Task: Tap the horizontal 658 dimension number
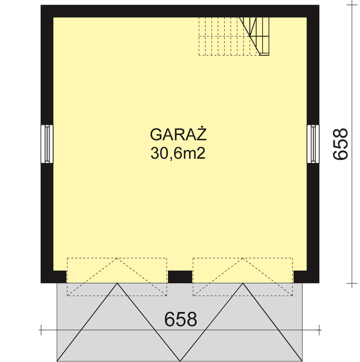181,319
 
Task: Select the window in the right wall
313,143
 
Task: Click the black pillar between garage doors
179,277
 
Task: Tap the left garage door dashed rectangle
117,276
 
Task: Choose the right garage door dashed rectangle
243,276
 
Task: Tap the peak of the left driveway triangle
117,284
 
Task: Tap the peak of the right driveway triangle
243,284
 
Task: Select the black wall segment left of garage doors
53,277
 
